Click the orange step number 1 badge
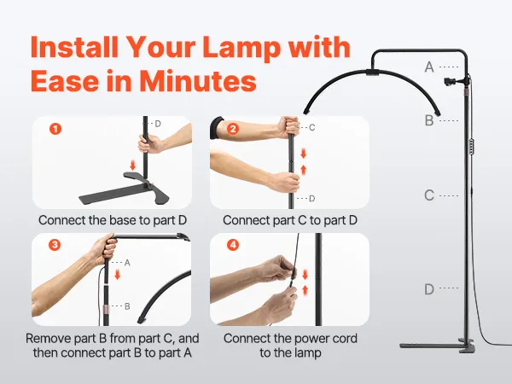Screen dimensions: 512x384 coord(55,129)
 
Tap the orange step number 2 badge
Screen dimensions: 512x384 coord(233,129)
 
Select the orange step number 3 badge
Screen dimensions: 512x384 coord(55,245)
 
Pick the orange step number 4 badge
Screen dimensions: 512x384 coord(233,245)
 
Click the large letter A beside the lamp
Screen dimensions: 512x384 coord(429,67)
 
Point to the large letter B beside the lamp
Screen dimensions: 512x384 coord(429,121)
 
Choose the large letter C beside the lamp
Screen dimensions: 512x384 coord(429,195)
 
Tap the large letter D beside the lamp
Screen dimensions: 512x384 coord(429,289)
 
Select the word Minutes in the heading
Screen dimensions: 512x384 coord(198,81)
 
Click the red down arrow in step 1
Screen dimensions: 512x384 coord(132,165)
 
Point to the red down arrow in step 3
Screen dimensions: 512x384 coord(118,275)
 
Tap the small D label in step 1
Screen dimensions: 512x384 coord(158,124)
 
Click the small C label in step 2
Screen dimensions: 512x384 coord(311,127)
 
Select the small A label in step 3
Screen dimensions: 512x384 coord(127,263)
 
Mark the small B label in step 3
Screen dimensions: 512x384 coord(127,306)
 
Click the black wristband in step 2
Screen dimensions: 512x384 coord(217,127)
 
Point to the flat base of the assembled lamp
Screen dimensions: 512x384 coord(438,346)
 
